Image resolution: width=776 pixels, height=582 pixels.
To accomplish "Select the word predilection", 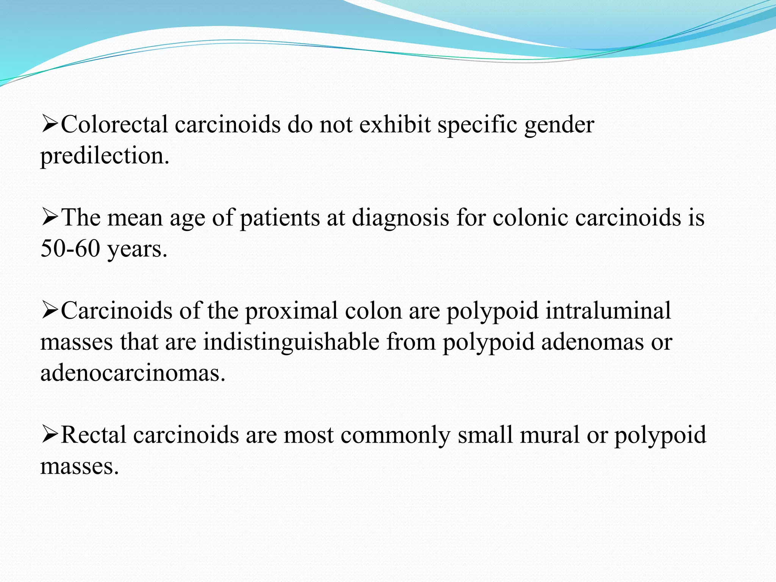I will point(105,156).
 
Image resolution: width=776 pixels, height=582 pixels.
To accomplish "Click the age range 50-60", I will point(70,249).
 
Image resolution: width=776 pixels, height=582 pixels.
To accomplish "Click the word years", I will point(137,250).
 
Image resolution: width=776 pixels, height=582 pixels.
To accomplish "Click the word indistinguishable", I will point(291,343).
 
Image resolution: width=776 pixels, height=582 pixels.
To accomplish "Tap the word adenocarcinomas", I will point(133,373).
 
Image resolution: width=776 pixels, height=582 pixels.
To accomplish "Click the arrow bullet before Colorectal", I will point(50,125).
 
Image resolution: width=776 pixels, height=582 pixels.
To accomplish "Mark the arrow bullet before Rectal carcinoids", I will point(50,435).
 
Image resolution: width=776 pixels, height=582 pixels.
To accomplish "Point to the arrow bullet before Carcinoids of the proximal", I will point(50,311).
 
